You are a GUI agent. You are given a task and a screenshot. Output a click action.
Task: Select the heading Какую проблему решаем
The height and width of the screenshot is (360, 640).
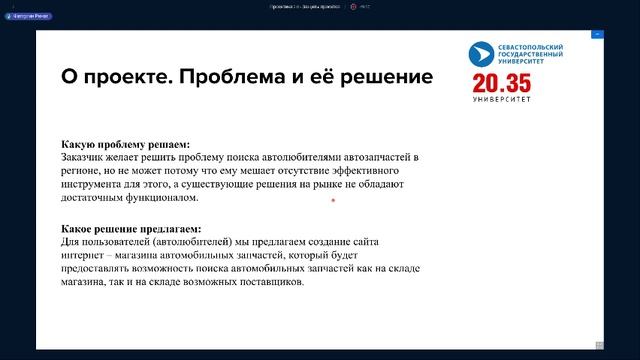[125, 144]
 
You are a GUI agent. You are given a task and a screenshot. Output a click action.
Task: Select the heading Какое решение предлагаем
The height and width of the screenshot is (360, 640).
[131, 229]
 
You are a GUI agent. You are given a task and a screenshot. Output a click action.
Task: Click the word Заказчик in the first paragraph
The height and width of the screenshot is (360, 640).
[87, 158]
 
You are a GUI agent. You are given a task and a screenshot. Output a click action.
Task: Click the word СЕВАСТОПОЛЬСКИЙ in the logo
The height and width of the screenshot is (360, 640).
[531, 47]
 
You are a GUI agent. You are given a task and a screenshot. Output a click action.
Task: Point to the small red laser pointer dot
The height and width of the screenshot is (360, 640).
[333, 201]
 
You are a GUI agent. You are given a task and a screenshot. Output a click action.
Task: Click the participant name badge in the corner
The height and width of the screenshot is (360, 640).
[28, 16]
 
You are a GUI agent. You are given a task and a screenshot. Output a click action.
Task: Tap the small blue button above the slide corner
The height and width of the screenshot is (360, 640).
[596, 33]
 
